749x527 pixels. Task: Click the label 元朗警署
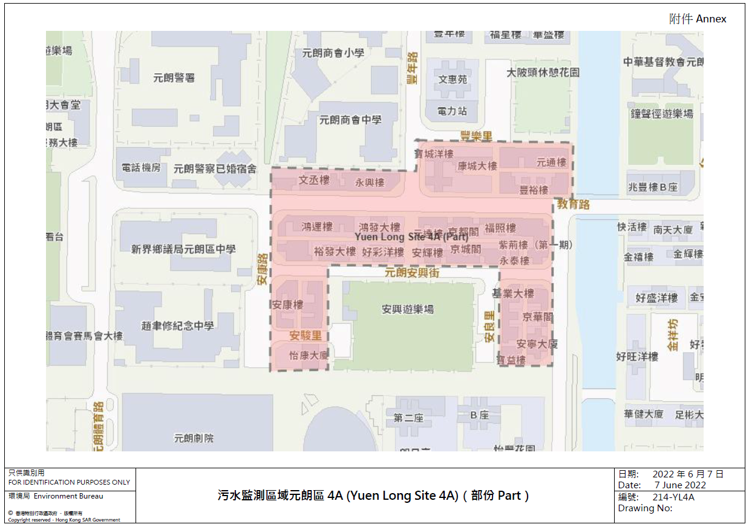174,78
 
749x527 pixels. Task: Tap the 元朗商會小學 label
333,53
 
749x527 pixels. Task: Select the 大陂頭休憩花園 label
543,73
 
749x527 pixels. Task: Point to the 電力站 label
453,111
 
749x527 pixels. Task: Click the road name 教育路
574,205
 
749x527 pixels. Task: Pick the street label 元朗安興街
412,273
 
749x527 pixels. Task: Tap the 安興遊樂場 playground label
408,309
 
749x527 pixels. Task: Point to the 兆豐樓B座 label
653,188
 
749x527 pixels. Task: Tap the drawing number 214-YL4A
673,497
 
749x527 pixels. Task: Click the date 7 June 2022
680,485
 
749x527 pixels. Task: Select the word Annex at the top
711,19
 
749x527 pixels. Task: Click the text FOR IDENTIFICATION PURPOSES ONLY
69,482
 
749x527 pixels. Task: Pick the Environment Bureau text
68,496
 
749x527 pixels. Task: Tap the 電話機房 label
141,168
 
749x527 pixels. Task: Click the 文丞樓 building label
314,180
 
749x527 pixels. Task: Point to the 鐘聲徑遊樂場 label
662,114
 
